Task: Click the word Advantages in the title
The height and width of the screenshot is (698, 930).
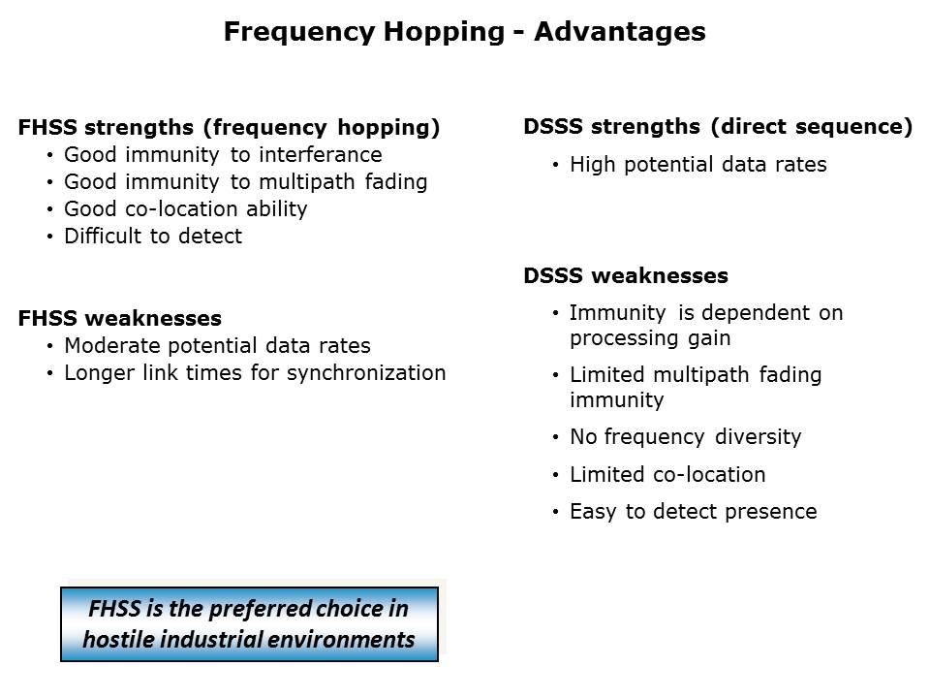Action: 620,31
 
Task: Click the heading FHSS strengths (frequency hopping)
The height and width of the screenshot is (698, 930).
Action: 229,128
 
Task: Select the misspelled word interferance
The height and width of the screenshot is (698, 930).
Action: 321,154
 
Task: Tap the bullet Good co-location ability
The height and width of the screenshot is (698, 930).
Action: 186,209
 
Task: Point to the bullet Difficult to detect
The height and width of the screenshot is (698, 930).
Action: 153,237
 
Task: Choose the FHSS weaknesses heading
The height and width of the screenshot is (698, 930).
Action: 120,318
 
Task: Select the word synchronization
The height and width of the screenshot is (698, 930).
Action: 366,373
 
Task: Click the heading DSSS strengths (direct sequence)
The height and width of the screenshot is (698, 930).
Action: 718,126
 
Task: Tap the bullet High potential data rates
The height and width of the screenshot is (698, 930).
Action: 698,165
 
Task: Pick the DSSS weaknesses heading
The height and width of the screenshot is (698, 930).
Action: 626,275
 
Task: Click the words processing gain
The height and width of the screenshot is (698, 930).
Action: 650,338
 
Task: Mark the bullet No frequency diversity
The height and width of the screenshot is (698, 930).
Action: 686,437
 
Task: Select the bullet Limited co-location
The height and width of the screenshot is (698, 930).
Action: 667,475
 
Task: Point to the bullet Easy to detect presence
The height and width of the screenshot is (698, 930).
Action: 694,512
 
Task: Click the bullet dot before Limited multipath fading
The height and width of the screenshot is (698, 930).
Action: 555,376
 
